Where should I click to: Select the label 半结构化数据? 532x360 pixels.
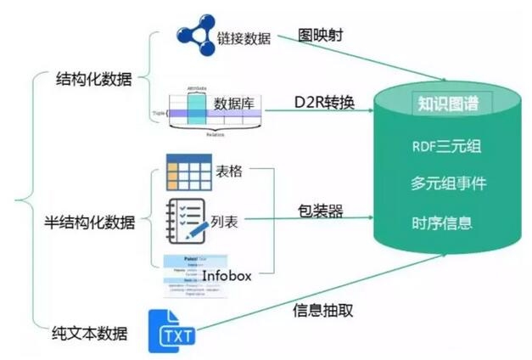pyautogui.click(x=89, y=222)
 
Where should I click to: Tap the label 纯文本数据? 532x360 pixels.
pyautogui.click(x=88, y=334)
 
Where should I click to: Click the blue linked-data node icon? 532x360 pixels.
pyautogui.click(x=197, y=35)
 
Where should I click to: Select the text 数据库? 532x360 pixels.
pyautogui.click(x=234, y=104)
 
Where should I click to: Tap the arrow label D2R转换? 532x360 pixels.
pyautogui.click(x=324, y=103)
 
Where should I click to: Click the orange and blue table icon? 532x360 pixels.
pyautogui.click(x=188, y=172)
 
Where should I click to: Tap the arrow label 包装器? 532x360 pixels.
pyautogui.click(x=320, y=211)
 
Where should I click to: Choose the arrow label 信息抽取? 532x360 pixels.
pyautogui.click(x=322, y=310)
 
